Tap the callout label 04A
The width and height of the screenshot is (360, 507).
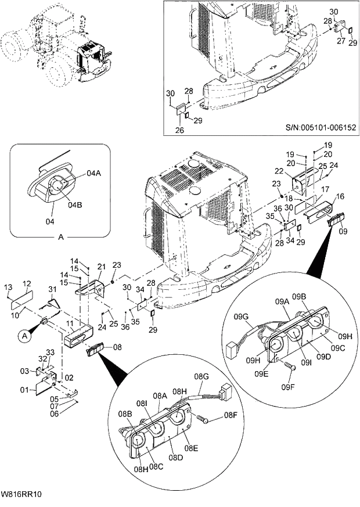tap(95, 173)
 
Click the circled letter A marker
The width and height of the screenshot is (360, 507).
tap(25, 335)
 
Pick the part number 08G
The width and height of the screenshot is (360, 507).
tap(202, 377)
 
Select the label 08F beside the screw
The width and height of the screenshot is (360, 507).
tap(231, 415)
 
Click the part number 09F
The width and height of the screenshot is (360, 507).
tap(289, 386)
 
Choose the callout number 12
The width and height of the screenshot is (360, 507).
tap(26, 283)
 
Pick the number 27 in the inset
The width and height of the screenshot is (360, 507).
tap(341, 41)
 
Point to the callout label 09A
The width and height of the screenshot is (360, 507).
tap(282, 301)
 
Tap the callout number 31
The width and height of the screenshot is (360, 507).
tap(52, 290)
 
